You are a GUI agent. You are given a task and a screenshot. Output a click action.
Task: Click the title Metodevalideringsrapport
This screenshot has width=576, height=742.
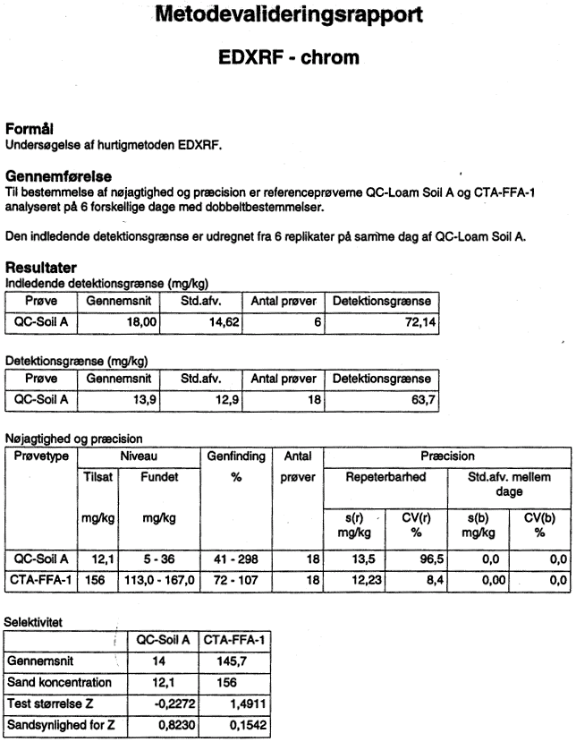click(x=289, y=14)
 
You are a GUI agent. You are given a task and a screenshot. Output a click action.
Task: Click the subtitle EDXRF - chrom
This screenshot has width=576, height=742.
click(x=289, y=57)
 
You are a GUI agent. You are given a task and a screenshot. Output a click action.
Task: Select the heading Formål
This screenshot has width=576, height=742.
click(x=29, y=129)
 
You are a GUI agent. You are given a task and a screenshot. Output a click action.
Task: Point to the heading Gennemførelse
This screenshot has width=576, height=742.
click(x=59, y=176)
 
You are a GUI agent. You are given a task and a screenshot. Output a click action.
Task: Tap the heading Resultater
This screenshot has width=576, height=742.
click(x=40, y=268)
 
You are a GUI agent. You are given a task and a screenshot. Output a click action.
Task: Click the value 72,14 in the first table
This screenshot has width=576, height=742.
click(x=420, y=322)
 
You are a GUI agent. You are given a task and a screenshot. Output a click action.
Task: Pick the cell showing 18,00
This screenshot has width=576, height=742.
click(x=141, y=322)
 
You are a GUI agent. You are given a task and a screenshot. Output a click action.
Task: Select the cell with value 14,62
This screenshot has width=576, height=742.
click(x=224, y=322)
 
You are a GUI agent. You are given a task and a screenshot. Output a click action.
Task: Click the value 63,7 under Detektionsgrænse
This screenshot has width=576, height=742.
click(x=423, y=400)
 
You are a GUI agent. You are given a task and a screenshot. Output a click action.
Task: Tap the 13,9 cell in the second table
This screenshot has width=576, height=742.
click(x=145, y=400)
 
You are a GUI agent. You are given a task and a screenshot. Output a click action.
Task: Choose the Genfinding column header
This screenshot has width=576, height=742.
click(x=236, y=456)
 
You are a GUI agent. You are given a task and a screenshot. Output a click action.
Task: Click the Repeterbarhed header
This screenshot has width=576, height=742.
click(x=385, y=476)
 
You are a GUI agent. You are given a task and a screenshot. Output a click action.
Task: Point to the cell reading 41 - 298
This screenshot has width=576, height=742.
click(x=236, y=559)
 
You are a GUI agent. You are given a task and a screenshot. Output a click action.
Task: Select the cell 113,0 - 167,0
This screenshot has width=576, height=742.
click(x=159, y=580)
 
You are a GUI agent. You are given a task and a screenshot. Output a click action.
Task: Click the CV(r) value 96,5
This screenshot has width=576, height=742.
click(x=432, y=559)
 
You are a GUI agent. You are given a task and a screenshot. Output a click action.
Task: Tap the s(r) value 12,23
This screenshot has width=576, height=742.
click(x=367, y=580)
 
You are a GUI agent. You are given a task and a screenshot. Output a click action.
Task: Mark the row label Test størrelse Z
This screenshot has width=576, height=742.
click(x=50, y=704)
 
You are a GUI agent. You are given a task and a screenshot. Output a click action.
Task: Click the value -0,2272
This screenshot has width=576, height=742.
click(x=174, y=704)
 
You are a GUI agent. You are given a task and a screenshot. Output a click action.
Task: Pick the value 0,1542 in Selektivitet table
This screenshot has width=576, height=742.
click(x=249, y=725)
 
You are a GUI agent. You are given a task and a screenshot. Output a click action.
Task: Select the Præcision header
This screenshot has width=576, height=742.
click(x=447, y=456)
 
